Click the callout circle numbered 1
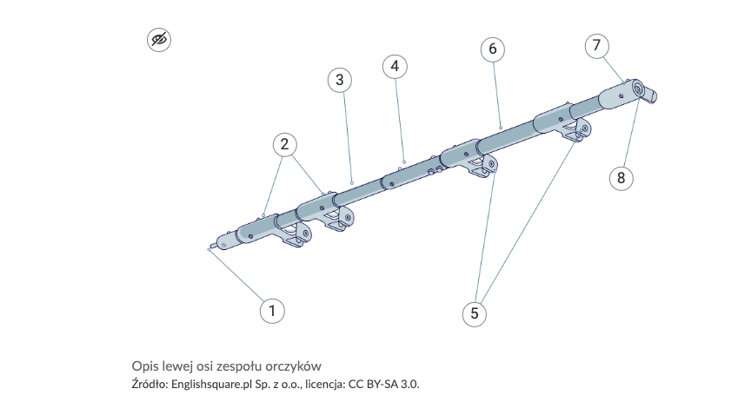pyautogui.click(x=272, y=311)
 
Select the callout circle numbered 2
pyautogui.click(x=285, y=144)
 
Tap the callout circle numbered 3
pyautogui.click(x=340, y=80)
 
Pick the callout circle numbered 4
pyautogui.click(x=395, y=66)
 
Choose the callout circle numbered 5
pyautogui.click(x=475, y=313)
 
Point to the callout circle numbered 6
pyautogui.click(x=493, y=49)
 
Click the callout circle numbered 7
pyautogui.click(x=597, y=46)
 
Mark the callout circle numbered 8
pyautogui.click(x=622, y=178)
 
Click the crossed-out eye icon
pyautogui.click(x=159, y=39)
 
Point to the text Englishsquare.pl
pyautogui.click(x=212, y=385)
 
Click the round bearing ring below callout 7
pyautogui.click(x=637, y=89)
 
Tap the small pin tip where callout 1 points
pyautogui.click(x=209, y=249)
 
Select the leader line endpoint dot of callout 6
pyautogui.click(x=501, y=128)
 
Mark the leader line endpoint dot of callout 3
pyautogui.click(x=352, y=183)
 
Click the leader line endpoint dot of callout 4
pyautogui.click(x=404, y=162)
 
